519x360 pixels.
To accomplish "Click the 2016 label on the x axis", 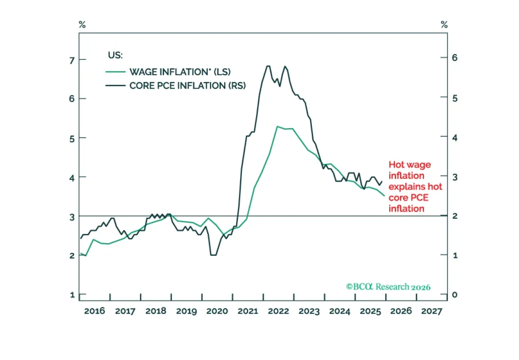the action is click(95, 311).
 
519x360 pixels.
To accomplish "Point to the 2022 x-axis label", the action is click(279, 311).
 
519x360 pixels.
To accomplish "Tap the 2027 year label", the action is click(432, 311).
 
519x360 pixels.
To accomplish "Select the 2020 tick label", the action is click(217, 311).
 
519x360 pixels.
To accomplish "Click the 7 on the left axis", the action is click(72, 61).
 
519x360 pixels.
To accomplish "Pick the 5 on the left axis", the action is click(72, 139).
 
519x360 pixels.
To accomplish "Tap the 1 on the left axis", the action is click(73, 295).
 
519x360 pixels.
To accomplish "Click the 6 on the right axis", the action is click(455, 58).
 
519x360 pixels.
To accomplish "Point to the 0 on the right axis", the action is click(455, 295).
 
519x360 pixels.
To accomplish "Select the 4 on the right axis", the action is click(455, 138).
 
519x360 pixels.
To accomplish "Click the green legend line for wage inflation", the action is click(115, 72).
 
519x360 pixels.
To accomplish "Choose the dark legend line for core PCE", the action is click(115, 86).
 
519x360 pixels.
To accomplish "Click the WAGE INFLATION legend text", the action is click(180, 72).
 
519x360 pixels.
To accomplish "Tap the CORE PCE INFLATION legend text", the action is click(187, 86).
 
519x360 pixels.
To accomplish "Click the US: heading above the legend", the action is click(115, 55).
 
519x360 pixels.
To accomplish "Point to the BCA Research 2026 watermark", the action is click(388, 287).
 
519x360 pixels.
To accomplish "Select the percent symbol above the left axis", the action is click(82, 24).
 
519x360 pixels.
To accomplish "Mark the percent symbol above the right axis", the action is click(444, 24).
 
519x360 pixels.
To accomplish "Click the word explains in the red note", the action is click(407, 187).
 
